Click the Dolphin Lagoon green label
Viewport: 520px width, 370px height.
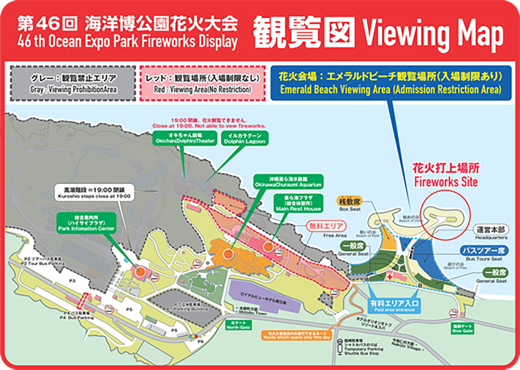coord(245,138)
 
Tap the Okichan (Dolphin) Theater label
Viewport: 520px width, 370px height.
coord(185,138)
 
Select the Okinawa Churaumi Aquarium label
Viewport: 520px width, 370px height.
coord(288,182)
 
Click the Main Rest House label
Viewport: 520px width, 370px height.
coord(298,203)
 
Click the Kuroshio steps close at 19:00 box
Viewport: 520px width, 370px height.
coord(94,193)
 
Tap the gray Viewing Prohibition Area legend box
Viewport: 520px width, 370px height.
coord(73,84)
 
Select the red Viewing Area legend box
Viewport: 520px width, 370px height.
coord(202,84)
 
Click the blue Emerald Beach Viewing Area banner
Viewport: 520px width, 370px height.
coord(391,83)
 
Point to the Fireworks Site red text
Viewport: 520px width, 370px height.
coord(446,175)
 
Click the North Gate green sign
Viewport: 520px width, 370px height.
coord(238,325)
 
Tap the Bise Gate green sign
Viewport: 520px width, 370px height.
coord(462,329)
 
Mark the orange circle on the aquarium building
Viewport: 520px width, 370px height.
coord(228,254)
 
